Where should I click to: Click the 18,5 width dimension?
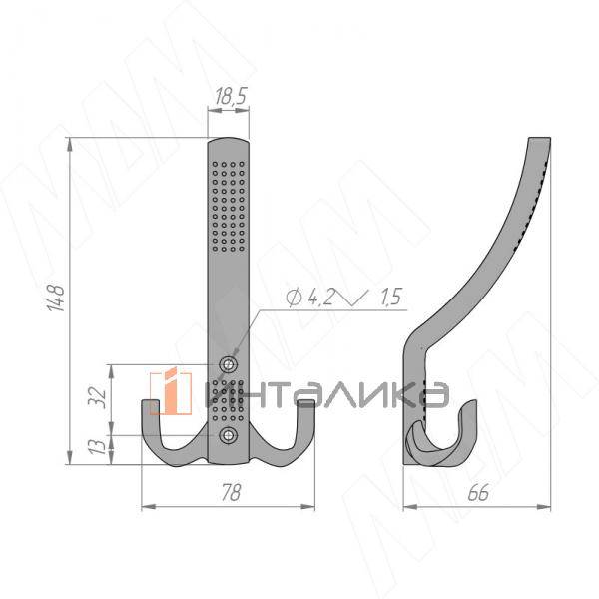click(231, 96)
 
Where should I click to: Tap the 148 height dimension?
click(57, 298)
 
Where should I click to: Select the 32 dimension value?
click(97, 397)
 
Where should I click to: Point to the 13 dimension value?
click(97, 446)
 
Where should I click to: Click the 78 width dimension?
click(232, 492)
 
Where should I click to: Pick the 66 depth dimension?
click(478, 492)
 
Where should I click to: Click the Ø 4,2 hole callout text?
click(310, 298)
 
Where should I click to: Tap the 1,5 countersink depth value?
click(390, 298)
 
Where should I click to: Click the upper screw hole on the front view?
click(228, 364)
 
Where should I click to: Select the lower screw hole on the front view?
click(228, 435)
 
